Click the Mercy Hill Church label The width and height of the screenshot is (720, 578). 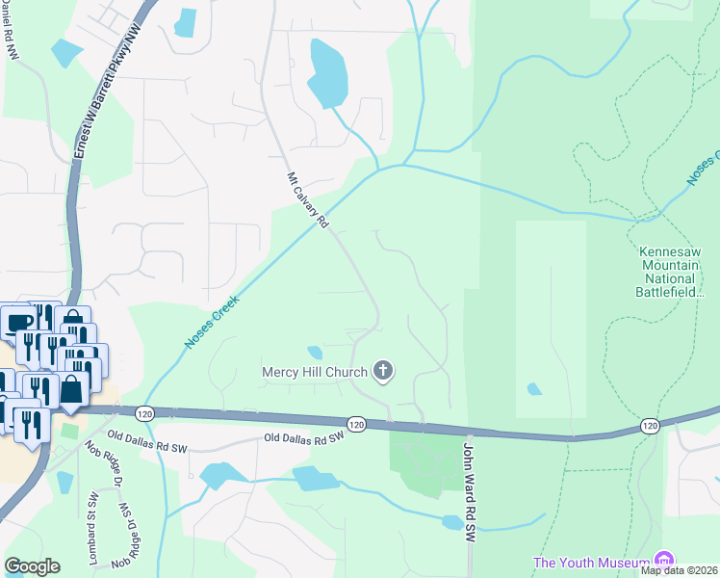(x=315, y=372)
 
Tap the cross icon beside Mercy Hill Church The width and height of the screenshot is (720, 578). (x=383, y=371)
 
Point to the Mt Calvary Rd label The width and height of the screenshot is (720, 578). (x=308, y=200)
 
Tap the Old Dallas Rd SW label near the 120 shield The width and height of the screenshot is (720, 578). (x=304, y=438)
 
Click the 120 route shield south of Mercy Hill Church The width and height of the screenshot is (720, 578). (x=356, y=424)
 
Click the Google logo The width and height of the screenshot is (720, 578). (x=32, y=566)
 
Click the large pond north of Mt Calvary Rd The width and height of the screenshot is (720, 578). (x=327, y=75)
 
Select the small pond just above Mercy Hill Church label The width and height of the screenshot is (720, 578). (x=315, y=352)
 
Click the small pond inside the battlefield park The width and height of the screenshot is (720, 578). (x=533, y=389)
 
